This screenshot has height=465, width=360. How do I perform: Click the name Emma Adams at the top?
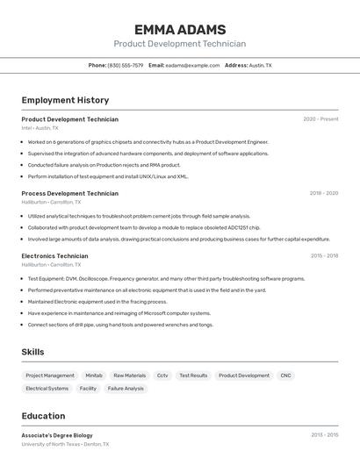point(180,30)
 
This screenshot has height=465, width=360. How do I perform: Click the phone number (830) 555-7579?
point(125,65)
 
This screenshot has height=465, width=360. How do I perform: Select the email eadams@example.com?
point(192,65)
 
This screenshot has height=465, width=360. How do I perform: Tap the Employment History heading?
point(65,100)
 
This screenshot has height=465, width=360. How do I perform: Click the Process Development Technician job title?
point(69,193)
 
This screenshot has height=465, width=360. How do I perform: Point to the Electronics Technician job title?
point(54,256)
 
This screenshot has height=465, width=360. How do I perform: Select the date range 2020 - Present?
point(320,119)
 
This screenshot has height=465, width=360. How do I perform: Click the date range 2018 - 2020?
point(323,193)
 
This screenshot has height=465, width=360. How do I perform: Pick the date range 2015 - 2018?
point(324,256)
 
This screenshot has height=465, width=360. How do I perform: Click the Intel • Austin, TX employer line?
point(40,128)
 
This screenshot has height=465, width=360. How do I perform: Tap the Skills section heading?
point(33,352)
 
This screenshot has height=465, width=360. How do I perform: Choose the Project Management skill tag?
point(50,376)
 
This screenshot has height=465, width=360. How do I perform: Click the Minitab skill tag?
point(94,376)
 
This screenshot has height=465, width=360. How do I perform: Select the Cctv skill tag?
point(162,376)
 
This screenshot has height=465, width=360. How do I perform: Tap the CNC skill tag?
point(286,376)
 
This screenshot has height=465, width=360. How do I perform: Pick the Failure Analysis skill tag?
point(126,388)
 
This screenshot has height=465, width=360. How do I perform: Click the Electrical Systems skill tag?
point(47,388)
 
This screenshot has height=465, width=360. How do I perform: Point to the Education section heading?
point(43,416)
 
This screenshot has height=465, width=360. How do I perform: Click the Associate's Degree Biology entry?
point(57,435)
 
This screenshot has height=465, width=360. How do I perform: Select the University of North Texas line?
point(66,444)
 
